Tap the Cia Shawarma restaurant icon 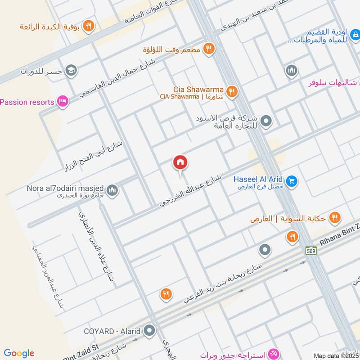pyautogui.click(x=232, y=91)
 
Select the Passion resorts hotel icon pyautogui.click(x=63, y=102)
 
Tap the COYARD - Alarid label pyautogui.click(x=112, y=331)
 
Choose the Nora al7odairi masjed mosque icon pyautogui.click(x=112, y=190)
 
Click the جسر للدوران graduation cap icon pyautogui.click(x=71, y=70)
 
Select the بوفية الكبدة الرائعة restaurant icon pyautogui.click(x=88, y=26)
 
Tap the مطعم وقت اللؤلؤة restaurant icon pyautogui.click(x=208, y=48)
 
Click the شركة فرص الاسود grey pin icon pyautogui.click(x=266, y=121)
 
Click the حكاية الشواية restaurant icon pyautogui.click(x=334, y=219)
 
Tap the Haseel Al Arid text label pyautogui.click(x=258, y=179)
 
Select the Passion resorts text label pyautogui.click(x=27, y=102)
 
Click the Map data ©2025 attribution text pyautogui.click(x=335, y=355)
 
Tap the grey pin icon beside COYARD pyautogui.click(x=149, y=331)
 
